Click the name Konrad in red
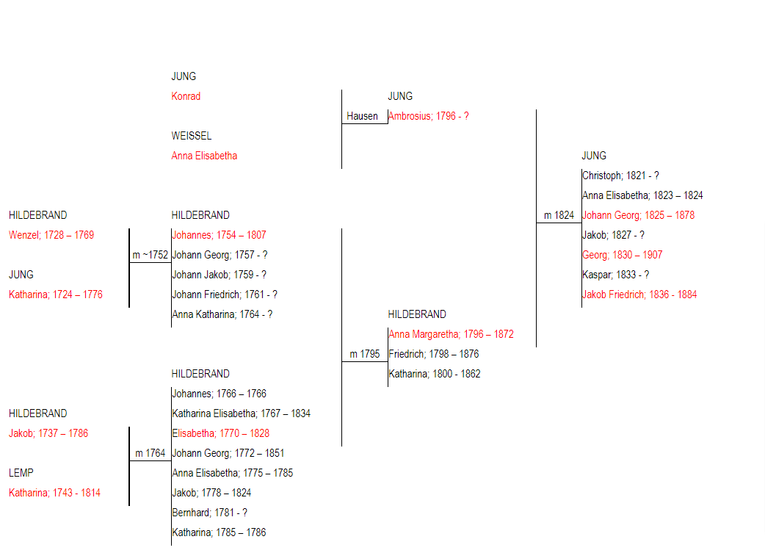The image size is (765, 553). coord(186,96)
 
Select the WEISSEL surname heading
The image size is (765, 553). coord(191,136)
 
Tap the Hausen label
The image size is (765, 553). coord(362,116)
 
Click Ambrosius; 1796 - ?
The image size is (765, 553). coord(428,116)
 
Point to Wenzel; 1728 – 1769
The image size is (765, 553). coord(51,235)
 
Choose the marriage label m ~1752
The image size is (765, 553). coord(151,255)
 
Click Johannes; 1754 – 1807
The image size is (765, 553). coord(219,235)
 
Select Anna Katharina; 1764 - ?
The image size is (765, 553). coord(222,314)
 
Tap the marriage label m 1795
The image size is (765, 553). coord(364,354)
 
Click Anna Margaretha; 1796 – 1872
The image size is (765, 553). coord(451,334)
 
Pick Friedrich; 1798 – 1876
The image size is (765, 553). coord(434,354)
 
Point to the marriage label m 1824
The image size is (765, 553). coord(559,215)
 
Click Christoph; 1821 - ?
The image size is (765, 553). coord(620,176)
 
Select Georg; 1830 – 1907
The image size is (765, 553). coord(622,255)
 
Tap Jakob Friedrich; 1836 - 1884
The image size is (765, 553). coord(639,294)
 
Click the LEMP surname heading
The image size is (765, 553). coord(21,473)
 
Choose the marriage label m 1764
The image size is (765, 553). coord(151,453)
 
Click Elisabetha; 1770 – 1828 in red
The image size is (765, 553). coord(220,433)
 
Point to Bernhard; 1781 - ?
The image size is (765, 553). coord(209,513)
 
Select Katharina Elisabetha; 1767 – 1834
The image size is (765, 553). coord(241,413)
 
